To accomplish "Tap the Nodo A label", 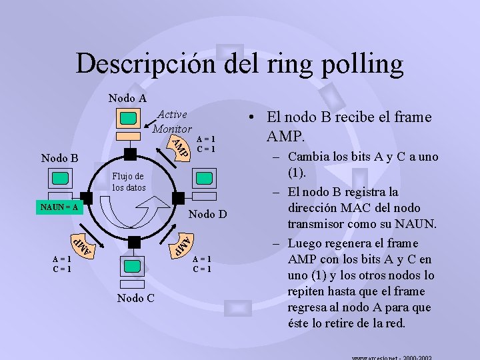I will [x=127, y=98].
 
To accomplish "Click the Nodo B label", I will [x=59, y=159].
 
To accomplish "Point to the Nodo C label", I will [x=135, y=298].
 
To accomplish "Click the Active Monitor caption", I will [x=172, y=121].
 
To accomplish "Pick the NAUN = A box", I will [x=57, y=207].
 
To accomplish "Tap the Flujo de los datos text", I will [x=128, y=182].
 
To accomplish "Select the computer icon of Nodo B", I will [x=60, y=179].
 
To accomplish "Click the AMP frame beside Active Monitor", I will [x=179, y=149].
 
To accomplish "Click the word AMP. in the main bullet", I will [x=285, y=137].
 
